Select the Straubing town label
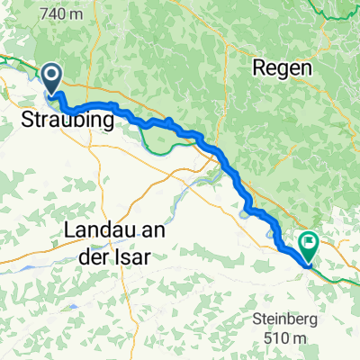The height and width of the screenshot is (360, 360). pos(68,120)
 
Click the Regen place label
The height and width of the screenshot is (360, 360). pos(282,68)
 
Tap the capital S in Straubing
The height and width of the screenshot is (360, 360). pos(27,120)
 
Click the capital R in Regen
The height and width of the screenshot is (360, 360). pos(258,68)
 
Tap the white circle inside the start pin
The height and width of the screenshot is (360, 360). pos(52,76)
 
